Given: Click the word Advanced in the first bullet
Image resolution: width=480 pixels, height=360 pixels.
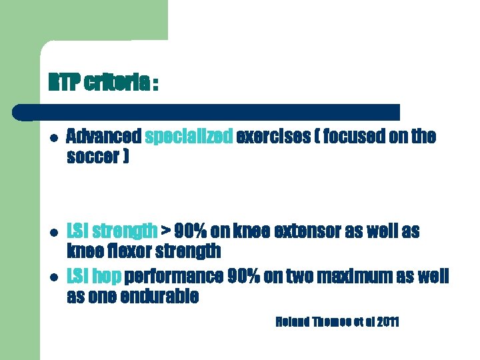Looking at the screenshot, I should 104,137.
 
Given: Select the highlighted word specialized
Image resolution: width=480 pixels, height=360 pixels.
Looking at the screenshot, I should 189,137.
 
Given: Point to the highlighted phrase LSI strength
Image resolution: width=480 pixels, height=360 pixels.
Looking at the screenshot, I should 113,231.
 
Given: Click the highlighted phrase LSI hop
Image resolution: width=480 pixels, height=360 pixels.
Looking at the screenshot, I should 94,276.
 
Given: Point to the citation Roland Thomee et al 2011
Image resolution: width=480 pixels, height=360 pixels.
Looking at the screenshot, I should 337,323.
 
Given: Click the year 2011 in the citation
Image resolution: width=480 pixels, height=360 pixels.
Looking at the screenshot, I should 387,323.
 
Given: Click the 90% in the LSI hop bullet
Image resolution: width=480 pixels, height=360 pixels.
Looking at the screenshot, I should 242,276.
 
